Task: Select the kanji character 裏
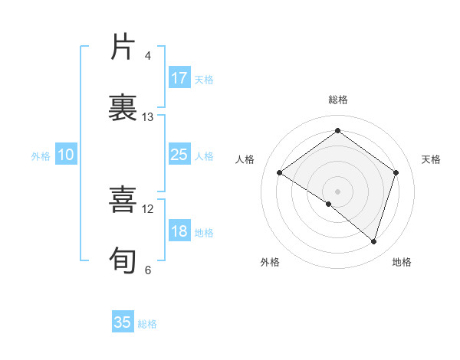tap(123, 107)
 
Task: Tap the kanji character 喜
tap(123, 199)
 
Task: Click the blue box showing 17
tap(179, 78)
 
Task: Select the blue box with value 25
tap(179, 155)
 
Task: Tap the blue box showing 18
tap(179, 232)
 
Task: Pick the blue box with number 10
tap(66, 155)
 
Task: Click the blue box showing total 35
tap(123, 322)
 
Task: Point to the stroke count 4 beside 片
tap(148, 56)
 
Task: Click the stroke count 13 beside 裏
tap(148, 117)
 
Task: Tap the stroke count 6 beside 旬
tap(148, 270)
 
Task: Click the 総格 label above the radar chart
tap(337, 100)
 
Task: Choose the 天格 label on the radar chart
tap(431, 159)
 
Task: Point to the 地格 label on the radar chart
tap(402, 262)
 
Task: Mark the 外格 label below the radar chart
tap(270, 262)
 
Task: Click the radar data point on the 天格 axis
tap(396, 172)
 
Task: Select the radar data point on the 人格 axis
tap(280, 172)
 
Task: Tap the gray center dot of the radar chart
tap(337, 191)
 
